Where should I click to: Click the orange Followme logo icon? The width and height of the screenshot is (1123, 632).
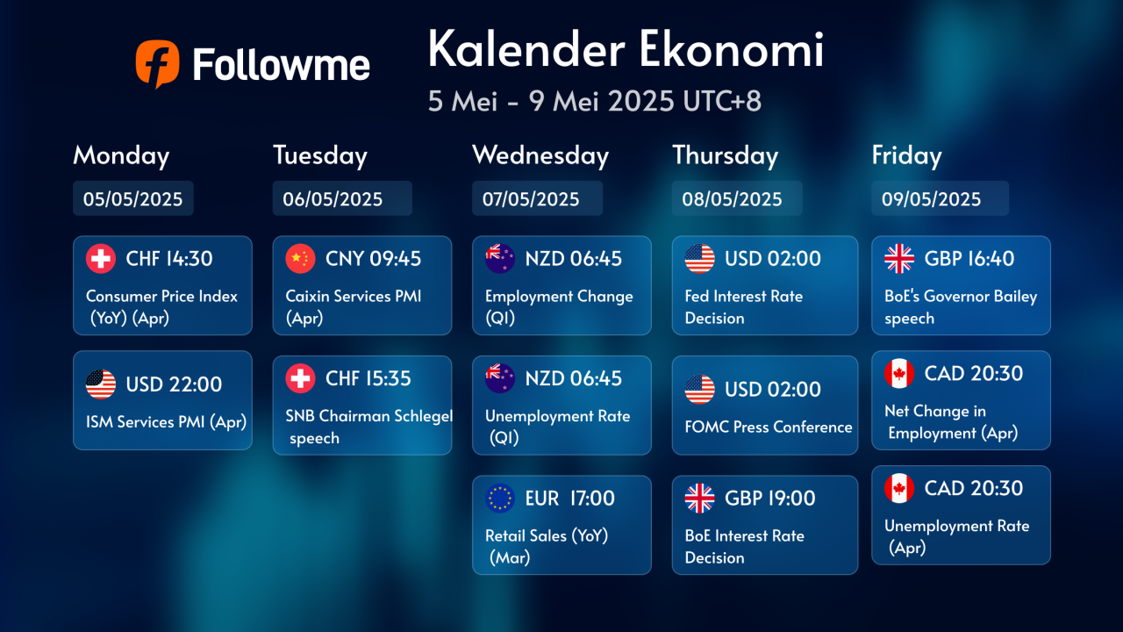[x=157, y=64]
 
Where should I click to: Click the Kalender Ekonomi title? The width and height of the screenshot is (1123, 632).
[x=626, y=49]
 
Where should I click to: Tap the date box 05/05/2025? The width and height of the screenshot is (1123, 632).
[x=132, y=198]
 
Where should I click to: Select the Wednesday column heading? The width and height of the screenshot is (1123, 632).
[x=540, y=155]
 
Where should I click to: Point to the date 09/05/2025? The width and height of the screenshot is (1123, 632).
[x=931, y=199]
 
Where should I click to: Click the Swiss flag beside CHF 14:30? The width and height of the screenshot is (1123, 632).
[x=101, y=259]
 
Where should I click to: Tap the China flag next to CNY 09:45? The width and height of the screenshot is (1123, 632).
[x=300, y=259]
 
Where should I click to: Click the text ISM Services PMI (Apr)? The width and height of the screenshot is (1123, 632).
[x=166, y=422]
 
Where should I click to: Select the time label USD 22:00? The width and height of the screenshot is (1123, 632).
[x=174, y=384]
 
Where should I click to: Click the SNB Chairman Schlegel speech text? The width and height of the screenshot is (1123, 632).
[x=369, y=427]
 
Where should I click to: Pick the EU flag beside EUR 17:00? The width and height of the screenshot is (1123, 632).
[x=500, y=499]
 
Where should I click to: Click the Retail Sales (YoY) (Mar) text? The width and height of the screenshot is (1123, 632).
[x=547, y=546]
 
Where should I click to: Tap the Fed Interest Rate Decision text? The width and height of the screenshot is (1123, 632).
[x=743, y=307]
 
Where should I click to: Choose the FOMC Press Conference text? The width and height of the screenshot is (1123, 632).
[x=768, y=427]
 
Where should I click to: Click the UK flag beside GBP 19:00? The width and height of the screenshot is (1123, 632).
[x=699, y=499]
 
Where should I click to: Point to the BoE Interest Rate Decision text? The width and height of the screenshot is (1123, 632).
[x=745, y=547]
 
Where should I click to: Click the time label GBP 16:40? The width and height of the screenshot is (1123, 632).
[x=969, y=259]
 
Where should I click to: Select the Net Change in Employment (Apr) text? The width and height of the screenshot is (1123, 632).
[x=951, y=422]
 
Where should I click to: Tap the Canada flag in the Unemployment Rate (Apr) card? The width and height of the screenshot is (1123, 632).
[x=899, y=489]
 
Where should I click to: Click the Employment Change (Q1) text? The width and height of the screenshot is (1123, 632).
[x=559, y=307]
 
